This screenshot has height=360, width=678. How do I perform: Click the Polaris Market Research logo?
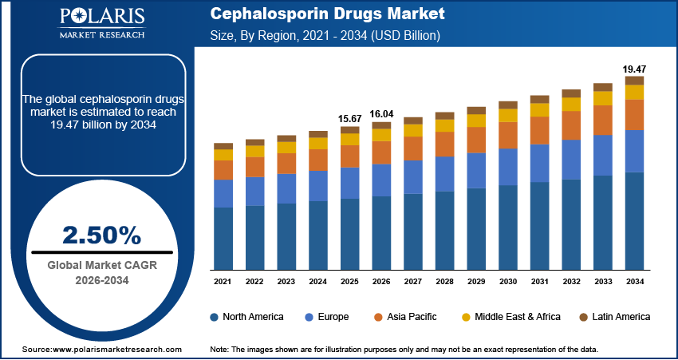(101, 24)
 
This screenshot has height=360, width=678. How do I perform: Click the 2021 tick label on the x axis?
(223, 281)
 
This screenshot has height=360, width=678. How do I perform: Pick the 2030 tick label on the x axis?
(507, 281)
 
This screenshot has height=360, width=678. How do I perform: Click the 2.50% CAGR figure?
(101, 235)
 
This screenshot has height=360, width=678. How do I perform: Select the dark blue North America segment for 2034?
(633, 220)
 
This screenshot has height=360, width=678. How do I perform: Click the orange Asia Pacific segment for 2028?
(444, 144)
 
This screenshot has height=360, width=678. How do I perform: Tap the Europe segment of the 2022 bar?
(254, 191)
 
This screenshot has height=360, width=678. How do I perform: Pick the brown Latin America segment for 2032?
(570, 93)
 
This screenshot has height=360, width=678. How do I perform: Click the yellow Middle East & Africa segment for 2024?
(317, 143)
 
